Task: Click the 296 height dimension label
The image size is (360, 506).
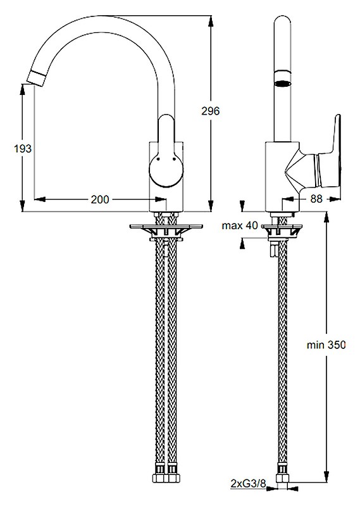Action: click(210, 111)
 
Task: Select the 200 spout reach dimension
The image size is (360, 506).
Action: click(99, 199)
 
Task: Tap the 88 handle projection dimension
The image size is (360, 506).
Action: click(316, 199)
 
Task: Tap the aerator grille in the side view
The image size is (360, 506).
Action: click(282, 83)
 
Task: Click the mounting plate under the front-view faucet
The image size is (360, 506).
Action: click(166, 226)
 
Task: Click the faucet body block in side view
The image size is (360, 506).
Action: click(278, 174)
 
